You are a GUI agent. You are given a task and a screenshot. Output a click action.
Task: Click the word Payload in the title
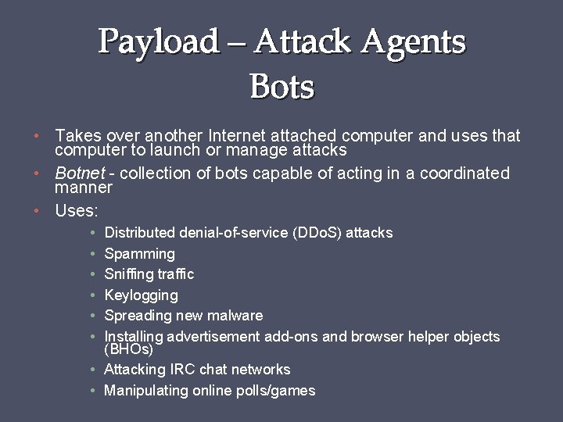point(159,41)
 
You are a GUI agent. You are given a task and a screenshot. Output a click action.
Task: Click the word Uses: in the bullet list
point(77,210)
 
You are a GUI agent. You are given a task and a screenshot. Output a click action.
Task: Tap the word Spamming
point(139,254)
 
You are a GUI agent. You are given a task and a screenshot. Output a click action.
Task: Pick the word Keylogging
point(141,295)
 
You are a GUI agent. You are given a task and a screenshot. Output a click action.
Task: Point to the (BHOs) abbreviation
point(128,349)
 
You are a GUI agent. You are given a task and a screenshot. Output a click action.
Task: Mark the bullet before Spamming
point(93,254)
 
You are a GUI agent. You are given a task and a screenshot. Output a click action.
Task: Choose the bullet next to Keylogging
point(93,295)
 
